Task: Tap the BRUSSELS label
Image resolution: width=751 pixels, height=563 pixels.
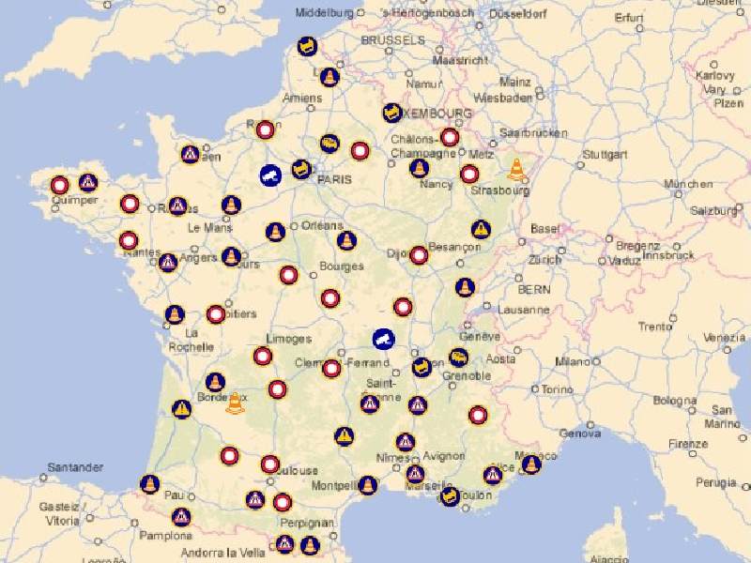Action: (x=392, y=41)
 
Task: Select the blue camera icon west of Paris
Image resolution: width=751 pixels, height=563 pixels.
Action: (x=270, y=175)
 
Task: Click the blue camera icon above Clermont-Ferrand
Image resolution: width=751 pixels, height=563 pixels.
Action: (x=383, y=338)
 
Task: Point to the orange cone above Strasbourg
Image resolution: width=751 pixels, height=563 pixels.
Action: (x=516, y=169)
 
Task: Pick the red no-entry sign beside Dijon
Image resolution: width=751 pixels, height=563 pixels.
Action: (x=419, y=255)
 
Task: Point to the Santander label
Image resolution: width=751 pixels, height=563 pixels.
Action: (x=76, y=467)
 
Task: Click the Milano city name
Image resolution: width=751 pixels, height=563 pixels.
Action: (x=572, y=361)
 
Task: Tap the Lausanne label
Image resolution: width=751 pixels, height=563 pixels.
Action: (x=524, y=310)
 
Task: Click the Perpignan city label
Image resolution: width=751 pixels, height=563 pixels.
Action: (x=308, y=523)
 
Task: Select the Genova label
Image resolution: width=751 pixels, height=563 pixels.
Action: (x=579, y=434)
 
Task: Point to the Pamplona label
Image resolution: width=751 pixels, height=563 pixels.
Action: (x=165, y=537)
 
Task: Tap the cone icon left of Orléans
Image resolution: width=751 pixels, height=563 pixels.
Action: (x=275, y=231)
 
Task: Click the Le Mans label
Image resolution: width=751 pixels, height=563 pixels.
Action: (x=209, y=227)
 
